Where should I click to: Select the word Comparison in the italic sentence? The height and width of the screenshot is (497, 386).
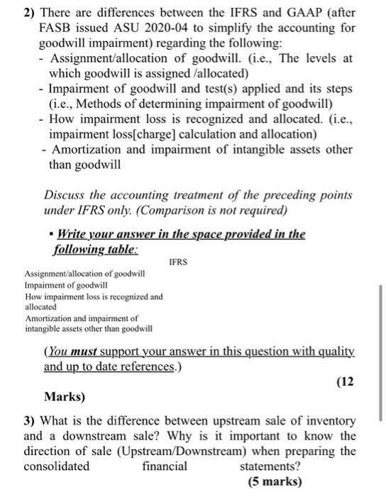(186, 211)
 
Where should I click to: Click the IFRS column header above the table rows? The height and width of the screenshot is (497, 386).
(178, 262)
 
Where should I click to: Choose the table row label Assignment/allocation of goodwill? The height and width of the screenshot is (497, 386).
(84, 274)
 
